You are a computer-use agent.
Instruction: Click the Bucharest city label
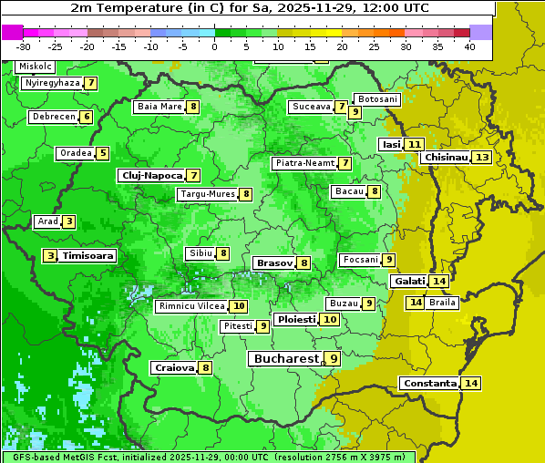(x=285, y=359)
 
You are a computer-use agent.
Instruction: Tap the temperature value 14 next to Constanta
(x=471, y=384)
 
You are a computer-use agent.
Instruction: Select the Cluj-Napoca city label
(x=150, y=175)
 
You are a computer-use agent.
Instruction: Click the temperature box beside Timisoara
(x=51, y=256)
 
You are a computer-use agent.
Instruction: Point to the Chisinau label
(x=445, y=158)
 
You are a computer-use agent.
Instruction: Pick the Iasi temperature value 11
(x=415, y=145)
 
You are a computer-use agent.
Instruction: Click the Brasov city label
(x=274, y=262)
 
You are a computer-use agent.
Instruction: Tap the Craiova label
(x=174, y=368)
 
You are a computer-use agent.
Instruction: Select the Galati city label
(x=409, y=282)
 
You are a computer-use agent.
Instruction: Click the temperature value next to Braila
(x=416, y=303)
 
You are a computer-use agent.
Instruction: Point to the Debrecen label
(x=53, y=117)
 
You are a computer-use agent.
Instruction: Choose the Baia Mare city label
(x=159, y=107)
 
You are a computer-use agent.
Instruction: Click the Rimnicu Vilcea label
(x=190, y=306)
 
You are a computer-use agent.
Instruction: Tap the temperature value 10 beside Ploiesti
(x=330, y=320)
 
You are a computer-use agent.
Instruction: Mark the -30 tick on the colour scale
(x=24, y=46)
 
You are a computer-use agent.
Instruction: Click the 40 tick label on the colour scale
(x=469, y=46)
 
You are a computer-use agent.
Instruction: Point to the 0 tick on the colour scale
(x=215, y=46)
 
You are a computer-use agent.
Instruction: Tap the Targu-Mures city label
(x=207, y=194)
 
